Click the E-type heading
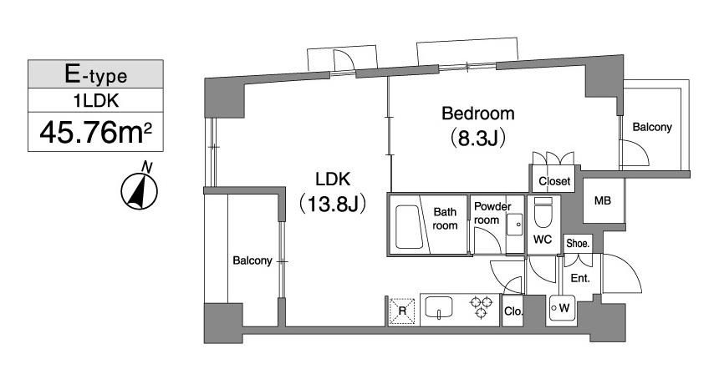point(95,74)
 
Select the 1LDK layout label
point(96,101)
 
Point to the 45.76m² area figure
point(95,132)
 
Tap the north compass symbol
point(140,189)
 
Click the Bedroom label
point(478,113)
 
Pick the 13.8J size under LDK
point(333,205)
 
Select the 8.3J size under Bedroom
point(478,139)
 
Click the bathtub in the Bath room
point(409,227)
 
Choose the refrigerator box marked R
point(402,311)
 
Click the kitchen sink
point(439,306)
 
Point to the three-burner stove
point(481,306)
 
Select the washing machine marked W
point(562,308)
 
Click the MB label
point(603,200)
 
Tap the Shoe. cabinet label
point(578,244)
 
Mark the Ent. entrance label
point(580,278)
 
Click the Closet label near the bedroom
point(554,181)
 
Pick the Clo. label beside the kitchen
point(513,311)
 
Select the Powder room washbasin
point(515,225)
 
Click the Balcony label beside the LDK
point(252,260)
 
